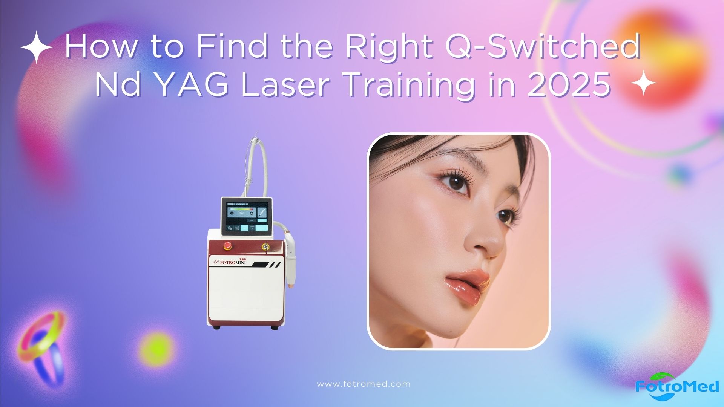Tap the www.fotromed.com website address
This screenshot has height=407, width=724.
pos(364,384)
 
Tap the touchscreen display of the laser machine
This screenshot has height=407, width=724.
pos(246,216)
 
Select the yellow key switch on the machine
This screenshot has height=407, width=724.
pos(265,246)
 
